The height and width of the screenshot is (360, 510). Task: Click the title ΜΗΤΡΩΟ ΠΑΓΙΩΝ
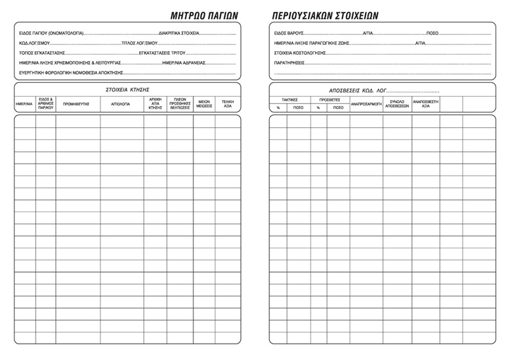pyautogui.click(x=203, y=15)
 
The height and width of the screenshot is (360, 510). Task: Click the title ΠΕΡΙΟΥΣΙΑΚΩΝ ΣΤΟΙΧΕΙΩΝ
pyautogui.click(x=324, y=15)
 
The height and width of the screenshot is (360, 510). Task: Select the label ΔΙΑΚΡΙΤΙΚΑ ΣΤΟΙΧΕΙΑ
pyautogui.click(x=179, y=32)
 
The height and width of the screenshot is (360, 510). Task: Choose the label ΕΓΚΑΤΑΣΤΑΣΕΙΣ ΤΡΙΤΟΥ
pyautogui.click(x=159, y=53)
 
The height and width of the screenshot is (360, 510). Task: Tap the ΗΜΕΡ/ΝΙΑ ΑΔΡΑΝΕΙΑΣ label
pyautogui.click(x=184, y=63)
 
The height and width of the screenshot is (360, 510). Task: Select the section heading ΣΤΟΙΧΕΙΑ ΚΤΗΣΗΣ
pyautogui.click(x=128, y=89)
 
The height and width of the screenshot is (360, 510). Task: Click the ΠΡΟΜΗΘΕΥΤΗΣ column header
pyautogui.click(x=77, y=103)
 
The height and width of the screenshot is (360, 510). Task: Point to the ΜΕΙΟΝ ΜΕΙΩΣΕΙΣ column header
pyautogui.click(x=204, y=104)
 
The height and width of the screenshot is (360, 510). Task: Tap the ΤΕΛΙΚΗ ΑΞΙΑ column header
pyautogui.click(x=228, y=104)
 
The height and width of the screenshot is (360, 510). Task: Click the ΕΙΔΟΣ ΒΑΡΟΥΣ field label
pyautogui.click(x=289, y=32)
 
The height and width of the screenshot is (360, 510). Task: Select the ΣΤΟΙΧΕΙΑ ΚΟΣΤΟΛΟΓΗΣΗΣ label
pyautogui.click(x=300, y=53)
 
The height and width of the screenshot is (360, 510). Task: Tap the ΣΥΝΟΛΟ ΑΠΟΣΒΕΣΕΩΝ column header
pyautogui.click(x=397, y=104)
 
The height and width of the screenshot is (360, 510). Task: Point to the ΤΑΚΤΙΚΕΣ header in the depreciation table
pyautogui.click(x=289, y=100)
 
